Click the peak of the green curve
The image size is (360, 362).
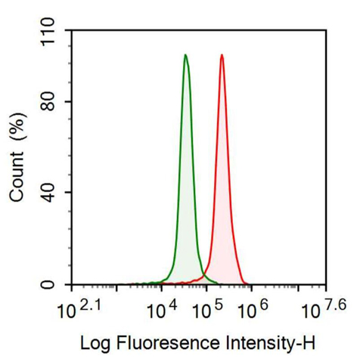pos(185,54)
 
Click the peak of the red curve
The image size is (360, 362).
pos(222,54)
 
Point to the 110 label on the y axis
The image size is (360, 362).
pos(48,32)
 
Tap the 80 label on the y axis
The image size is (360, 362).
pos(48,101)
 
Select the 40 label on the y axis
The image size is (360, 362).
pos(48,193)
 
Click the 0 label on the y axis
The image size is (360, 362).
pos(48,285)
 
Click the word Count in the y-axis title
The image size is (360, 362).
pos(17,177)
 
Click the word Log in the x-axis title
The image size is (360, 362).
pos(95,344)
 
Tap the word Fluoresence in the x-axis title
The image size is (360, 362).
pos(168,343)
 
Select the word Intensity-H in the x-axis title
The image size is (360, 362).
pos(271,343)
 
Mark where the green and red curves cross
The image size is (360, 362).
pos(203,274)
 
